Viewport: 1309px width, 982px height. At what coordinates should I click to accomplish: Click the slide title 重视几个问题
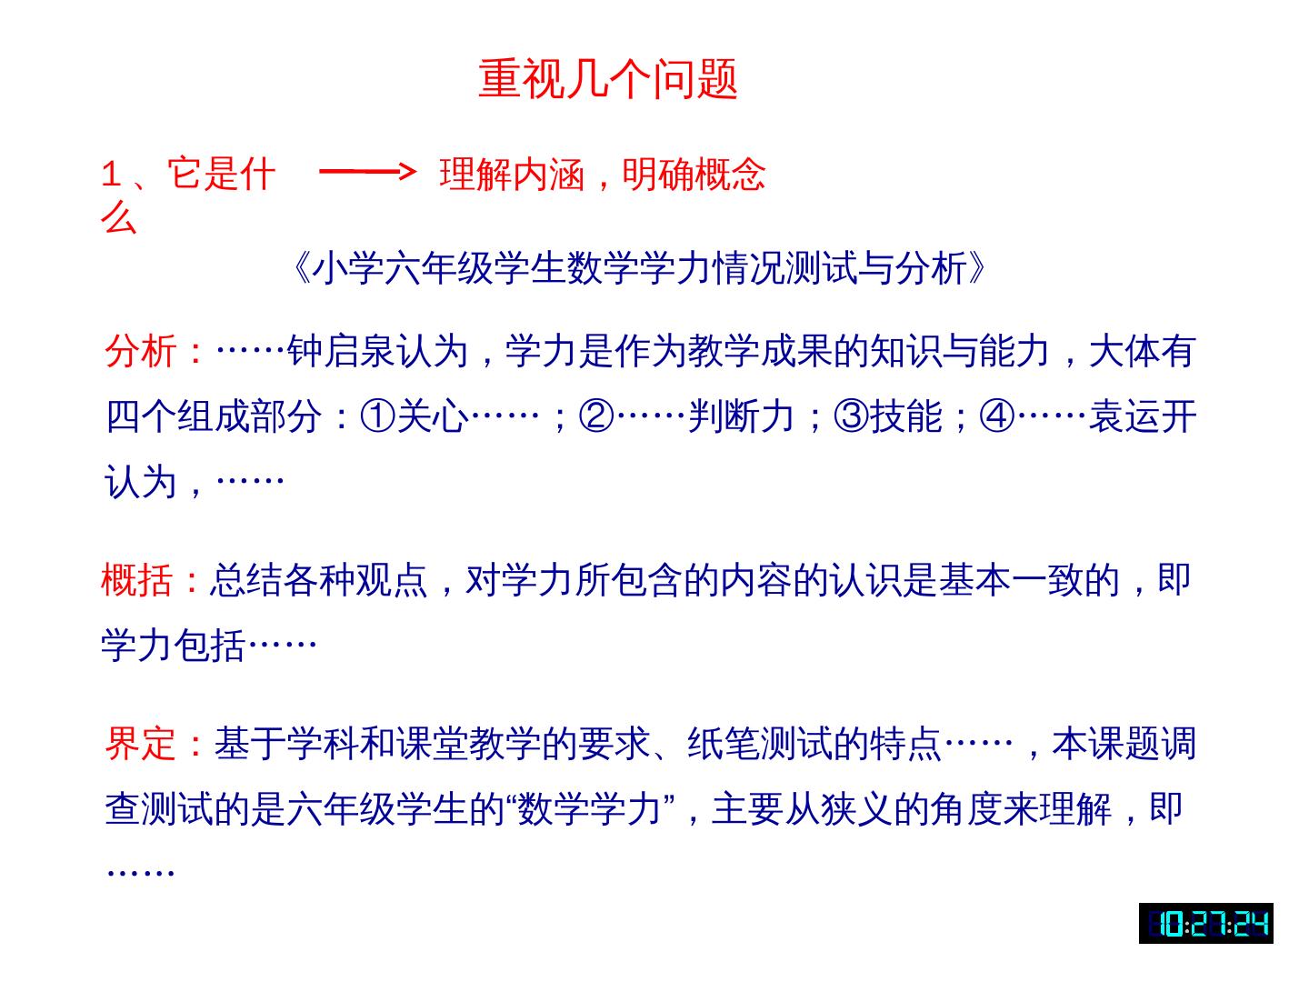tap(607, 79)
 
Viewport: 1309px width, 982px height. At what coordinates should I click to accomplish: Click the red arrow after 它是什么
tap(367, 171)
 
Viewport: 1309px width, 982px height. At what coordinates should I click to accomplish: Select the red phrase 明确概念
tap(694, 174)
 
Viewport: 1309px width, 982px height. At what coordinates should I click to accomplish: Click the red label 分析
tap(141, 351)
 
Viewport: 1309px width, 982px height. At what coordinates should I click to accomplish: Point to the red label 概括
tap(137, 580)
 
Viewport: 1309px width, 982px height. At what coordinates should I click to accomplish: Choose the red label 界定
tap(141, 743)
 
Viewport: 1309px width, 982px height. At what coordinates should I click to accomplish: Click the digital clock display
tap(1205, 923)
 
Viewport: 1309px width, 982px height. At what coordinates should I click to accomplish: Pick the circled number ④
tap(996, 416)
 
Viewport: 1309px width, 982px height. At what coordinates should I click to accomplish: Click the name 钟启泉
tap(341, 351)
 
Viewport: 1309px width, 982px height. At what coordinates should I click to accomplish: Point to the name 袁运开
tap(1142, 416)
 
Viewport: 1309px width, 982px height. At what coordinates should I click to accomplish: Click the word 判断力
tap(741, 416)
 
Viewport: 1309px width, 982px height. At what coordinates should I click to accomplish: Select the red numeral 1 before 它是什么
tap(111, 174)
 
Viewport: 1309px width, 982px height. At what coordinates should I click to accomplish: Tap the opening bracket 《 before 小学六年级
tap(301, 269)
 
